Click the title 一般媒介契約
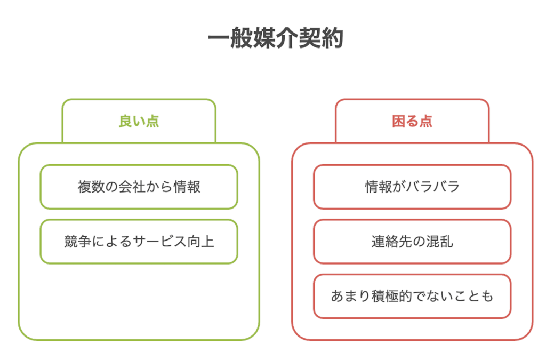coord(276,38)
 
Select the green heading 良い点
coord(139,121)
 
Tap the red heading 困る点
coord(412,121)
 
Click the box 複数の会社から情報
coord(139,187)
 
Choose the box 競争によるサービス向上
coord(139,241)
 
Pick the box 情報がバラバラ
coord(412,187)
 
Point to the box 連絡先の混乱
coord(412,241)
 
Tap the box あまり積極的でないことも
coord(412,296)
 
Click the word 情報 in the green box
coord(187,187)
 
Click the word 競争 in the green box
coord(78,241)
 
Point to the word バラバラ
coord(433,187)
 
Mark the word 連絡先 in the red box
coord(392,241)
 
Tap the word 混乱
coord(439,241)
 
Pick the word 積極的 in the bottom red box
coord(392,296)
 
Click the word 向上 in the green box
coord(200,241)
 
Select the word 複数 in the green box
coord(91,187)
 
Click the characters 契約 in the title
coord(322,38)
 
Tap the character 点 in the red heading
coord(426,121)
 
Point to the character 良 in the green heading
coord(125,121)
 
